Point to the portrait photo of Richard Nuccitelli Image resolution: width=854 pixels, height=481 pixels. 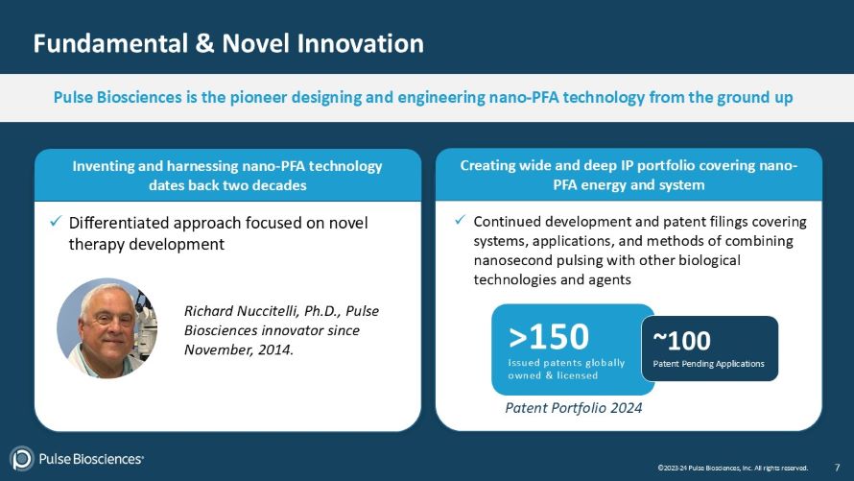[107, 328]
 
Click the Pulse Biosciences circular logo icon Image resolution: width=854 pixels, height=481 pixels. [21, 459]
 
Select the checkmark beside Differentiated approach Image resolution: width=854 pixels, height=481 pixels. [56, 223]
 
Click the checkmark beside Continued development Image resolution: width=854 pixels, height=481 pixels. [461, 222]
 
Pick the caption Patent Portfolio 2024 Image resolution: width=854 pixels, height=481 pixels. [573, 408]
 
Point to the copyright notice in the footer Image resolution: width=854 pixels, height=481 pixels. [732, 468]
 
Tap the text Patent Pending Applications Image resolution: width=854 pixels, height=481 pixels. [708, 364]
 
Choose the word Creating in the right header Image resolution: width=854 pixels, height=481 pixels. [491, 165]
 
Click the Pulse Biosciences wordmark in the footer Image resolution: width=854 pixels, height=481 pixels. [91, 459]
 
